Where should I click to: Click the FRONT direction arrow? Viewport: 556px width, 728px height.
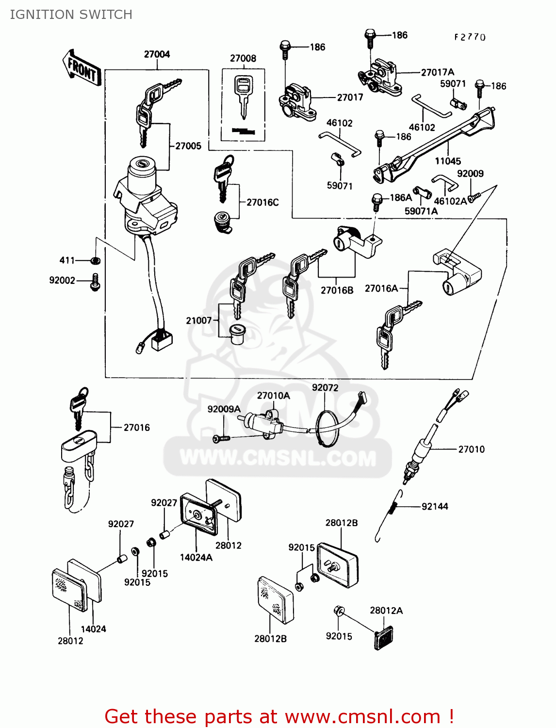pos(82,68)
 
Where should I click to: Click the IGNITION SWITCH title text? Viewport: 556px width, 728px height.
pos(71,15)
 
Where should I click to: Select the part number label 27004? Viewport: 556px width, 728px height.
pos(157,54)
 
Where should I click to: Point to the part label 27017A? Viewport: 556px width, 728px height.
pos(437,72)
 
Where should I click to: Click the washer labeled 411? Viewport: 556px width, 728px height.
pos(96,261)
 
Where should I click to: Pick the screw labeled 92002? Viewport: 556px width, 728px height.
pos(95,282)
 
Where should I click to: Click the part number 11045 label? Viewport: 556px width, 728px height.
pos(447,161)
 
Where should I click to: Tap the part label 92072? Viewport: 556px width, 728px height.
pos(325,387)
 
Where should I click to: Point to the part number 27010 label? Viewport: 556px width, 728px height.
pos(471,449)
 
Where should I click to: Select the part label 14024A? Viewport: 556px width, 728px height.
pos(196,557)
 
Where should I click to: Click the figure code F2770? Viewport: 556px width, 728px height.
pos(470,37)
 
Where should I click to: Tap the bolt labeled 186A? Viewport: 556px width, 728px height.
pos(376,201)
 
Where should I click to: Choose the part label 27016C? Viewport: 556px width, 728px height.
pos(262,202)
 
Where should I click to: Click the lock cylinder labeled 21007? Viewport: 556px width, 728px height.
pos(237,334)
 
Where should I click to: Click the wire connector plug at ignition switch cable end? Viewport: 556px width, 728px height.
pos(162,340)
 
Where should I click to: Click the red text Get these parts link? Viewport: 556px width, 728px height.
pos(279,716)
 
